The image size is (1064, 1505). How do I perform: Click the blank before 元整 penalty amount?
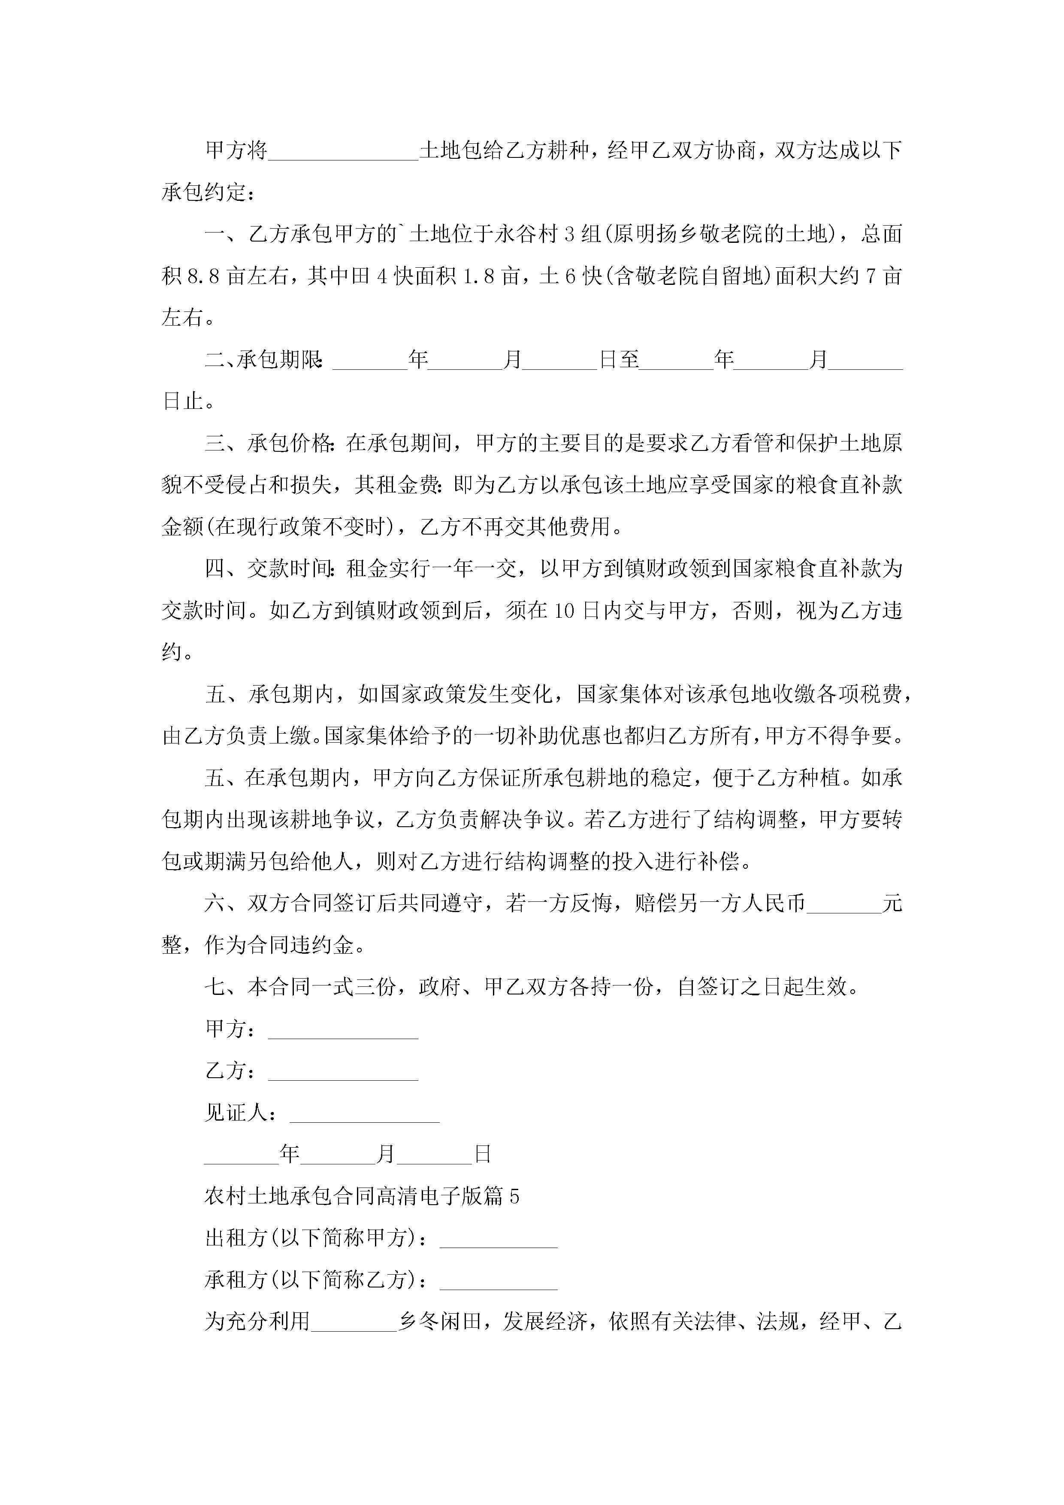(x=844, y=904)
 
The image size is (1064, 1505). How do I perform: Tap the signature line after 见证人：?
(x=365, y=1114)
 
